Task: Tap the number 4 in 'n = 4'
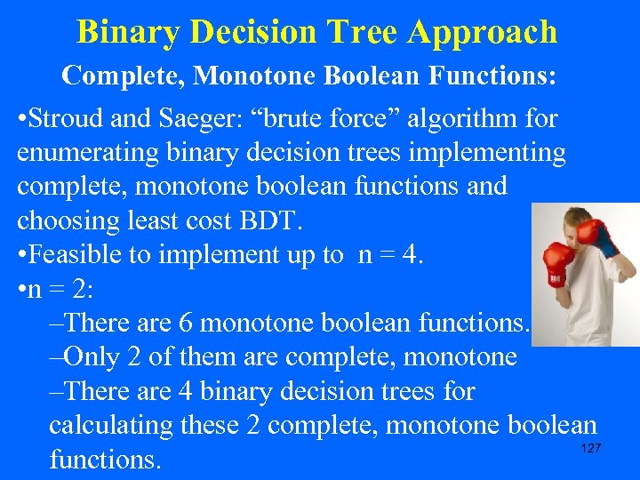[x=418, y=255]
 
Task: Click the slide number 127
[x=590, y=449]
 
